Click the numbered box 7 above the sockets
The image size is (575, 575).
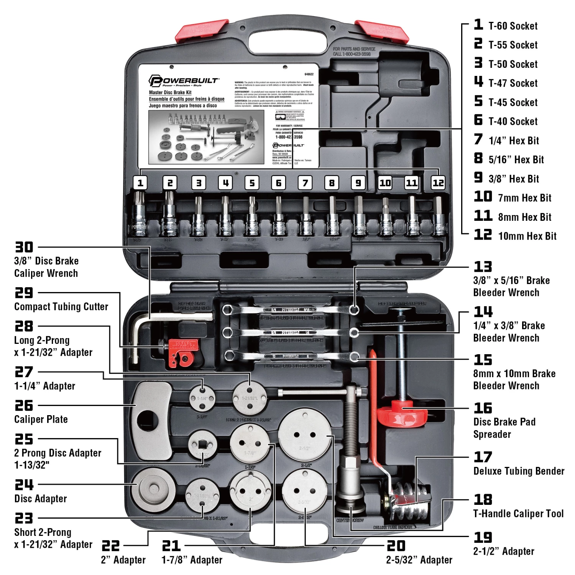pyautogui.click(x=305, y=183)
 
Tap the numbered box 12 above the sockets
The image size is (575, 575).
pyautogui.click(x=438, y=183)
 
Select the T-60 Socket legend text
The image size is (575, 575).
pyautogui.click(x=513, y=26)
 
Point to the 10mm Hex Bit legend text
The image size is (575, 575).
pyautogui.click(x=527, y=236)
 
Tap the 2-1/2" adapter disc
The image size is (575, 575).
pyautogui.click(x=305, y=435)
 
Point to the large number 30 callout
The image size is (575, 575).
pyautogui.click(x=24, y=247)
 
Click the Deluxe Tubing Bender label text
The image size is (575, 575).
pyautogui.click(x=519, y=471)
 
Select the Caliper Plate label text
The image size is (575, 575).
pyautogui.click(x=41, y=419)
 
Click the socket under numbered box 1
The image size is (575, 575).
pyautogui.click(x=139, y=219)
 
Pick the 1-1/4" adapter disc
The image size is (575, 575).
pyautogui.click(x=202, y=399)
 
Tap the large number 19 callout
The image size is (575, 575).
pyautogui.click(x=483, y=537)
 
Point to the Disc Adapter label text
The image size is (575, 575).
pyautogui.click(x=41, y=499)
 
